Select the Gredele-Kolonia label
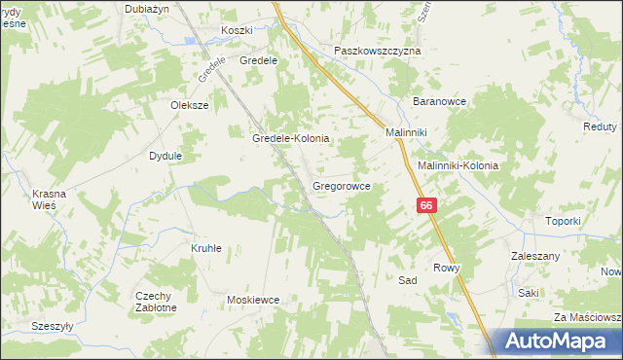click(x=291, y=139)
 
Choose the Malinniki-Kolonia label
click(x=458, y=165)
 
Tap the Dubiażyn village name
click(x=147, y=8)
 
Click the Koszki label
click(x=237, y=31)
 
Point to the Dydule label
click(x=165, y=155)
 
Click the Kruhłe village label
click(x=205, y=248)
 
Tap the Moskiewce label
click(x=253, y=301)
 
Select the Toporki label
click(x=563, y=221)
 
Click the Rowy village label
click(x=446, y=268)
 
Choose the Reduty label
click(x=601, y=127)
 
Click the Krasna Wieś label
click(x=49, y=199)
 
